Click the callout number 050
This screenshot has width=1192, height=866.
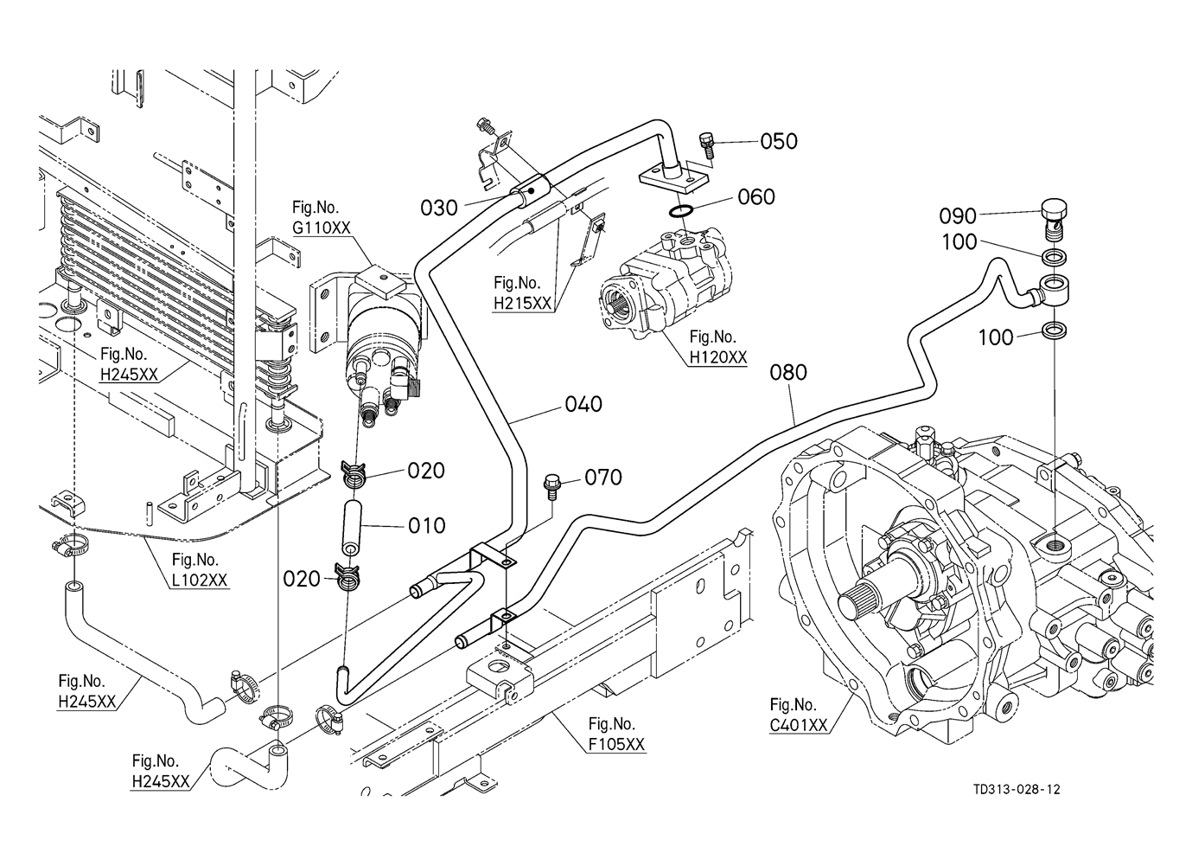[x=778, y=141]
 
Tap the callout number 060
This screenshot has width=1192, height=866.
[x=756, y=197]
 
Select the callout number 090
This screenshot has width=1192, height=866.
[x=958, y=216]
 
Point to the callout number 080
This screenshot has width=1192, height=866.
[x=787, y=372]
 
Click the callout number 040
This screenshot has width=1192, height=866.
[x=583, y=404]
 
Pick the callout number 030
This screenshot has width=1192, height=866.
[x=439, y=208]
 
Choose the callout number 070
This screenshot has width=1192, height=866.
[x=603, y=477]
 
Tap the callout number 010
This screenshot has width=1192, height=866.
[x=426, y=525]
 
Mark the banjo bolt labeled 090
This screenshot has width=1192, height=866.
[x=1052, y=217]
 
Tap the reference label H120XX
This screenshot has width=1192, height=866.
[x=717, y=356]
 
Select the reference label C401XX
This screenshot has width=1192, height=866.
[x=798, y=725]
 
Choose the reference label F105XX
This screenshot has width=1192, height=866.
[x=615, y=744]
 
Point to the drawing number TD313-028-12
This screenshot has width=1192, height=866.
[x=1016, y=789]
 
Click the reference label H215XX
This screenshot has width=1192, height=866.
[x=522, y=303]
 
